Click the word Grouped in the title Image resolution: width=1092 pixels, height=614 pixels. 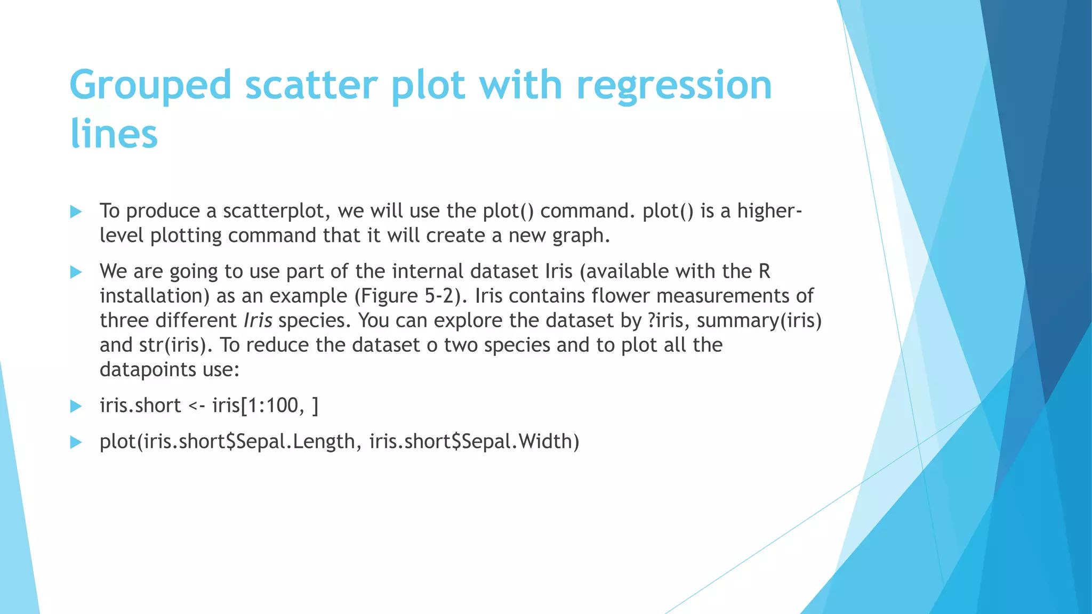point(150,85)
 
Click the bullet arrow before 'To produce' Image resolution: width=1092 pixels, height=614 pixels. point(76,212)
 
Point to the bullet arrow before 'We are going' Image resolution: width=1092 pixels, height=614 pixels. point(76,272)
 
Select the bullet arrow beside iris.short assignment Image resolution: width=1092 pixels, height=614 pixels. point(76,406)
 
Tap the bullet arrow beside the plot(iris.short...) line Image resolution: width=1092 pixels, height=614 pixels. point(76,442)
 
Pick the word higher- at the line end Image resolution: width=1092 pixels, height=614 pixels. point(769,211)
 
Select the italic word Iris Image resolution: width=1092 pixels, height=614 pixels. point(258,320)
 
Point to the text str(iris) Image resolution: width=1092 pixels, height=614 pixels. point(175,345)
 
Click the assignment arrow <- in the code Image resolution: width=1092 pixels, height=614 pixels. point(197,406)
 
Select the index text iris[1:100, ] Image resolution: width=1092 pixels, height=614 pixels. point(265,406)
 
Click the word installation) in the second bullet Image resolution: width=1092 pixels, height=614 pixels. point(155,296)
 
